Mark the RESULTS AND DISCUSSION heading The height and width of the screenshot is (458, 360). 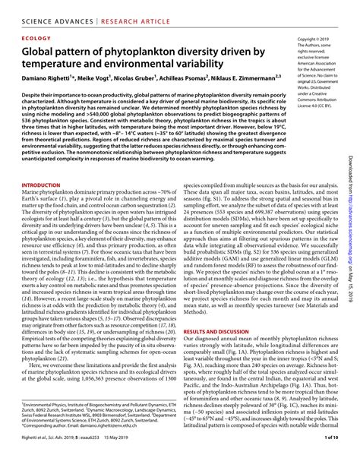220,332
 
